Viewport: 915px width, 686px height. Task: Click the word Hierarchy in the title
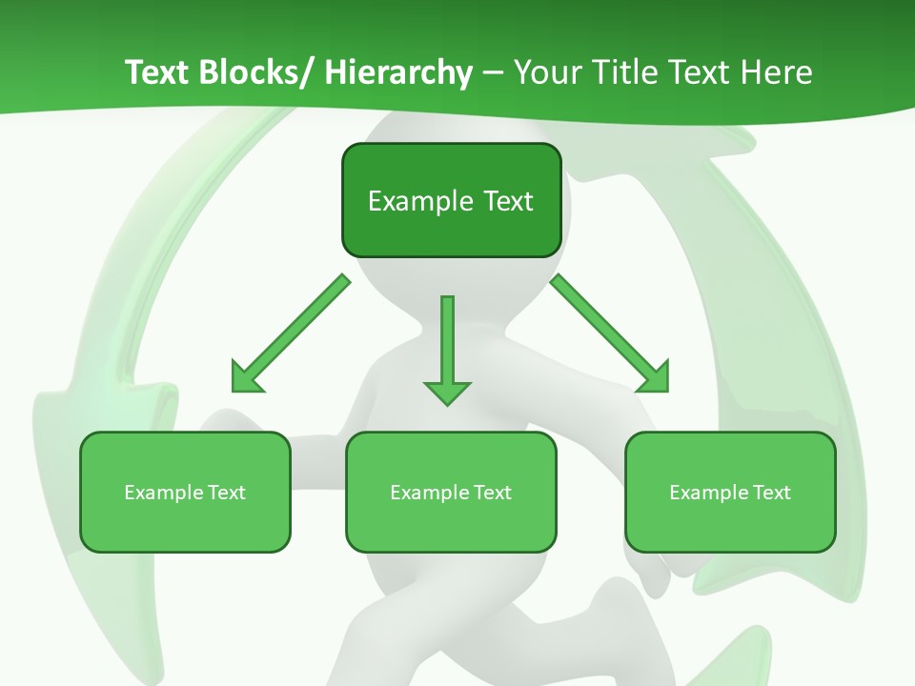(x=398, y=72)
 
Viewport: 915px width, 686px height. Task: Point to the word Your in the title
(x=545, y=72)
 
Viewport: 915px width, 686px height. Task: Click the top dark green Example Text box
(x=451, y=200)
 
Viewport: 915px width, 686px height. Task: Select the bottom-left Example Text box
(x=185, y=493)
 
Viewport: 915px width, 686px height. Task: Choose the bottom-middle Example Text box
(x=451, y=493)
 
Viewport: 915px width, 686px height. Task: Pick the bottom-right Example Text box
(x=730, y=493)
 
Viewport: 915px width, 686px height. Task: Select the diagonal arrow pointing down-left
(x=291, y=333)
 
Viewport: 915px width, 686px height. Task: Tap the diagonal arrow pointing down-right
(x=610, y=333)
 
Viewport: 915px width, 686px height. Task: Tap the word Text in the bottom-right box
(x=771, y=493)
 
